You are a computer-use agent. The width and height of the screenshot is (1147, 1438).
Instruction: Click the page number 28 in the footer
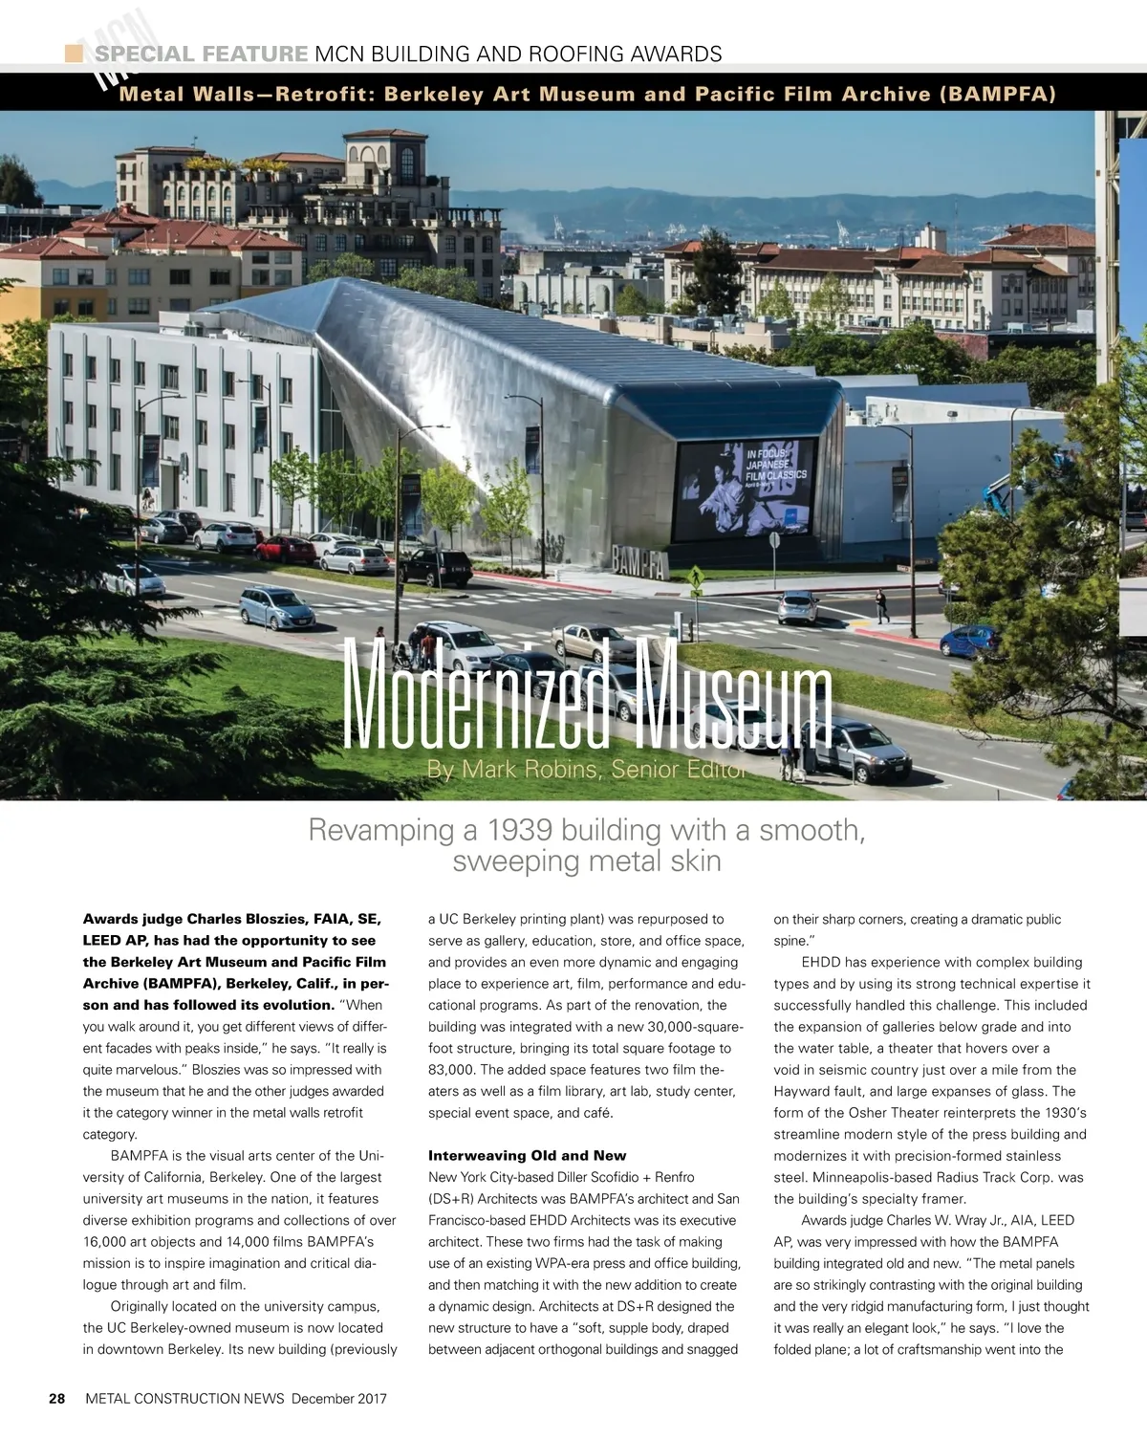pos(57,1398)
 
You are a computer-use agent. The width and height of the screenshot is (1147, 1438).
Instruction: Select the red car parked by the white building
pos(285,549)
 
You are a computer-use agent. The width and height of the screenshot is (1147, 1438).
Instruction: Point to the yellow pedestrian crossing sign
pos(696,576)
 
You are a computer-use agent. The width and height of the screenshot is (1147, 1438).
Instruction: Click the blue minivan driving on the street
pos(276,607)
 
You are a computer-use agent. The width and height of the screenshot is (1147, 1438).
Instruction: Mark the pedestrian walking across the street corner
pos(881,605)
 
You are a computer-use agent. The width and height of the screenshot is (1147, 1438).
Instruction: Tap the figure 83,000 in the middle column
pos(454,1070)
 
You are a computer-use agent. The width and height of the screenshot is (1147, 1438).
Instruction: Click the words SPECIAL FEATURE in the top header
pos(201,54)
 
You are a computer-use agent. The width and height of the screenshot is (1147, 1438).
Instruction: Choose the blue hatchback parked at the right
pos(971,641)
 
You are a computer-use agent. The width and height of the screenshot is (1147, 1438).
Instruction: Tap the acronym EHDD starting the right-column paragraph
pos(821,962)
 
